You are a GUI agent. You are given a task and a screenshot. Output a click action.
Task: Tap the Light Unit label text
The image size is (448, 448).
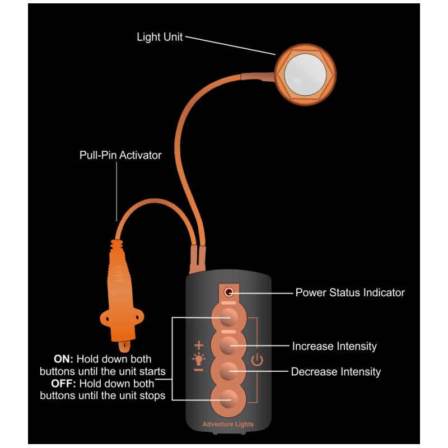(x=160, y=38)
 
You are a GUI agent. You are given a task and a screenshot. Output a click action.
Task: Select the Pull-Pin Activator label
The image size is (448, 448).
(x=120, y=155)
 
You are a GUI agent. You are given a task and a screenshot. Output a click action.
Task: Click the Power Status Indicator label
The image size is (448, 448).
(x=350, y=292)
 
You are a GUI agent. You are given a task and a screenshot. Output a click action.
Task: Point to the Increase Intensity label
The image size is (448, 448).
(x=334, y=346)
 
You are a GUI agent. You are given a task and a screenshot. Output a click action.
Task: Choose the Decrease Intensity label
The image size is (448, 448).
(x=336, y=372)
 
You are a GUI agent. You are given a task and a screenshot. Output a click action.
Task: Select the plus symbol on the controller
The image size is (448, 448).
(x=198, y=345)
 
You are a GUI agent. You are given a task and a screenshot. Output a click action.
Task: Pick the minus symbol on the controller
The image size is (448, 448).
(x=198, y=370)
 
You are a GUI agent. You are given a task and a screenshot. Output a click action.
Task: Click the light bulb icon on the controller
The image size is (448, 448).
(x=198, y=357)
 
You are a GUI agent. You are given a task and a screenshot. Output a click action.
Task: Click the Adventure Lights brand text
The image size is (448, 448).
(x=228, y=424)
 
